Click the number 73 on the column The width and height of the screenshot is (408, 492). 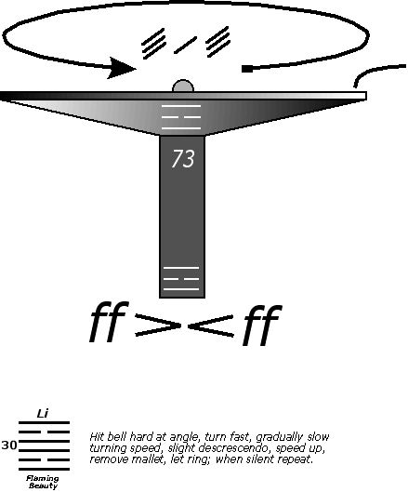point(183,158)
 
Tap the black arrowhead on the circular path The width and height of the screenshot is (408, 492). point(122,68)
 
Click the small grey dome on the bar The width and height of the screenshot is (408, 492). point(183,86)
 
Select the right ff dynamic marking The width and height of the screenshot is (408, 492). point(261,325)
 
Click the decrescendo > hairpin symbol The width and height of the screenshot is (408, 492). point(158,326)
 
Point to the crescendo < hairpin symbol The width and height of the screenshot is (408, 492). point(210,326)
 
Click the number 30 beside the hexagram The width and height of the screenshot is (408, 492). point(8,445)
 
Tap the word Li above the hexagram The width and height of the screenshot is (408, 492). point(43,414)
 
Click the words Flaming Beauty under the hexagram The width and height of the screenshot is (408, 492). point(43,483)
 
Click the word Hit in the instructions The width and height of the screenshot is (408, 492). point(97,437)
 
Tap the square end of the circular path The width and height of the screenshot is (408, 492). point(247,69)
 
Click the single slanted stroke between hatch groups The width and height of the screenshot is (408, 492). point(185,46)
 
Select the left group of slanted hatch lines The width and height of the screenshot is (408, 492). point(153,44)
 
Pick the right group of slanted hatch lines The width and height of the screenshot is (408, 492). point(218,42)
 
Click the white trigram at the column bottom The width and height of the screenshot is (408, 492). point(181,279)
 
